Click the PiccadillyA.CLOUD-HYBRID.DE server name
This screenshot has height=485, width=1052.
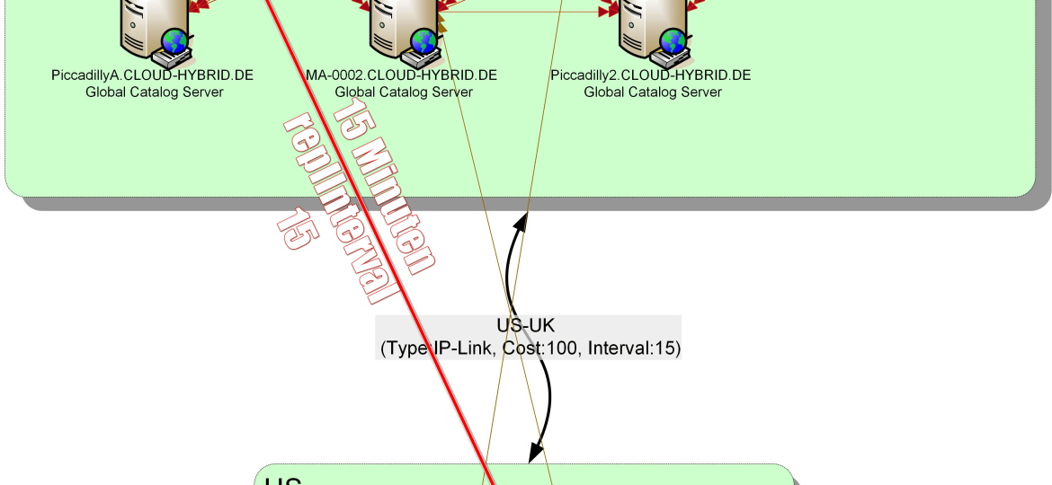tap(153, 75)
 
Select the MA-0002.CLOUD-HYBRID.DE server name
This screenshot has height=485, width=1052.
tap(402, 75)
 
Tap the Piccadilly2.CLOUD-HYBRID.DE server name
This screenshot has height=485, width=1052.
tap(651, 75)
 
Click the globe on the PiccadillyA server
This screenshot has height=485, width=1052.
tap(175, 40)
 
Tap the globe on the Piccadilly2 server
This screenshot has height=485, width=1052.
tap(673, 40)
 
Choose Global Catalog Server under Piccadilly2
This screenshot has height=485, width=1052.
tap(653, 92)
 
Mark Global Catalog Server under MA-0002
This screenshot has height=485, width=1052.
tap(404, 92)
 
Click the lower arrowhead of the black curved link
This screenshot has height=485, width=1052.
tap(535, 452)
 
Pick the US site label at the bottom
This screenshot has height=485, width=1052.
tap(282, 481)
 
